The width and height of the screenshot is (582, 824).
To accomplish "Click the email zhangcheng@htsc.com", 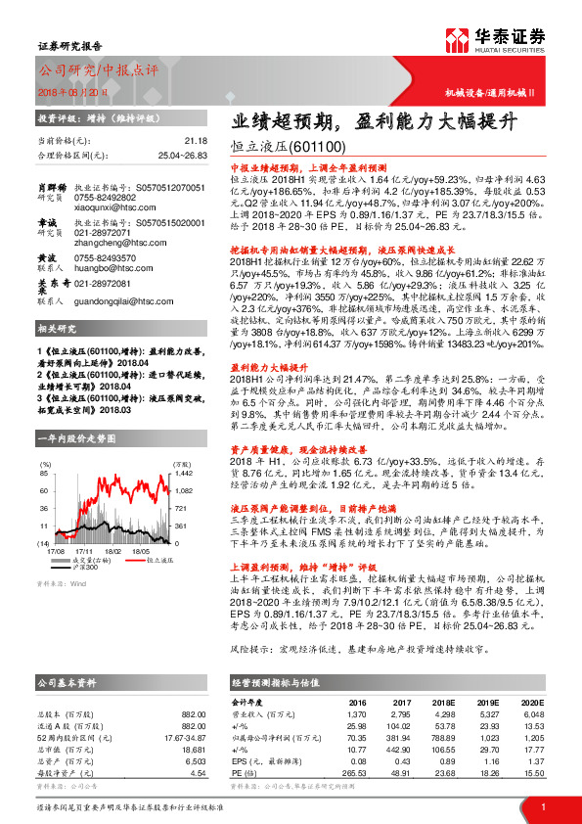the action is pyautogui.click(x=109, y=241).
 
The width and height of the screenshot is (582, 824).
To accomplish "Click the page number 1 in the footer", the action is pyautogui.click(x=542, y=806).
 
